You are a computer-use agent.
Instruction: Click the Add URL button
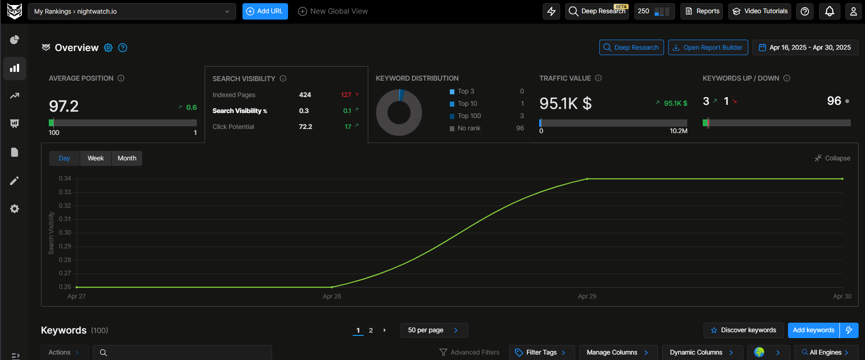(x=265, y=11)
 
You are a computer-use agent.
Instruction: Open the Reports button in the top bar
(x=702, y=11)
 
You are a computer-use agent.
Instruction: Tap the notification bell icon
(x=829, y=11)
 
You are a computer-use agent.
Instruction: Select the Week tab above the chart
(x=96, y=158)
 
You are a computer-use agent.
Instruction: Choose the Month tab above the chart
(x=127, y=158)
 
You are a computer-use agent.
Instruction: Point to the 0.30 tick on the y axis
(x=65, y=232)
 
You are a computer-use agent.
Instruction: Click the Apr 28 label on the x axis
(x=332, y=296)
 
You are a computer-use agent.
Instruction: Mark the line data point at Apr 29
(x=587, y=179)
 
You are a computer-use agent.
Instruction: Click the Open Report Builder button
(x=708, y=47)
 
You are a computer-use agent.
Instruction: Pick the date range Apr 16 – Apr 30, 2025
(x=805, y=47)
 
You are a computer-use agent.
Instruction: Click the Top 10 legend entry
(x=467, y=103)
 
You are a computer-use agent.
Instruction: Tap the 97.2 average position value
(x=64, y=106)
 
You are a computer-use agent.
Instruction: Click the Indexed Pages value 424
(x=305, y=95)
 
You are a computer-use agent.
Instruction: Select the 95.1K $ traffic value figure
(x=565, y=103)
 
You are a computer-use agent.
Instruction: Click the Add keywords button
(x=814, y=330)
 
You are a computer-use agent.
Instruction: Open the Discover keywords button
(x=743, y=330)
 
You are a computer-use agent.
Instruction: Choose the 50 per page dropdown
(x=433, y=330)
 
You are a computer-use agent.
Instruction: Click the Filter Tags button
(x=541, y=352)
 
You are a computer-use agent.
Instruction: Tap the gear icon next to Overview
(x=108, y=48)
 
